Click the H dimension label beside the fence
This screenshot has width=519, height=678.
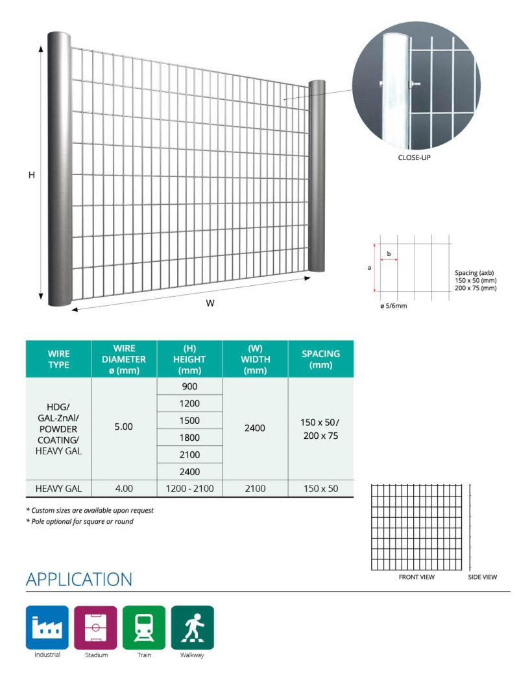31,175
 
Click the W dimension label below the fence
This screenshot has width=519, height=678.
210,303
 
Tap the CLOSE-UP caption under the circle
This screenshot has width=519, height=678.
415,157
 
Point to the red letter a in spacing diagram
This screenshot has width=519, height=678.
369,268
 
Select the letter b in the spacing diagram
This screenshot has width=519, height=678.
389,254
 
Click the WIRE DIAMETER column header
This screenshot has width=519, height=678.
124,358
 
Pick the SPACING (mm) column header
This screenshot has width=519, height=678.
320,358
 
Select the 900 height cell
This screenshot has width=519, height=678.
189,386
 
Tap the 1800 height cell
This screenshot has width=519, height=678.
189,438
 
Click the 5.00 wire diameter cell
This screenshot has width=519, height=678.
123,427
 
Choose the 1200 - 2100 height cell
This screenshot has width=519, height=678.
189,488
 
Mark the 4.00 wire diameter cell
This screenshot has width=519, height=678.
123,488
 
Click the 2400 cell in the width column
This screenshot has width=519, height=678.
255,428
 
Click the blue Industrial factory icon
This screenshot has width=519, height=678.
47,627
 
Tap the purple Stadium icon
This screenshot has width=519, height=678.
95,627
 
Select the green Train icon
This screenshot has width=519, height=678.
144,627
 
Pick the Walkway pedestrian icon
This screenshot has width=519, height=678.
192,627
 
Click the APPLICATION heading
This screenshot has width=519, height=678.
78,579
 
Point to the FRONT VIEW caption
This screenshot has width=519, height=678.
416,577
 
